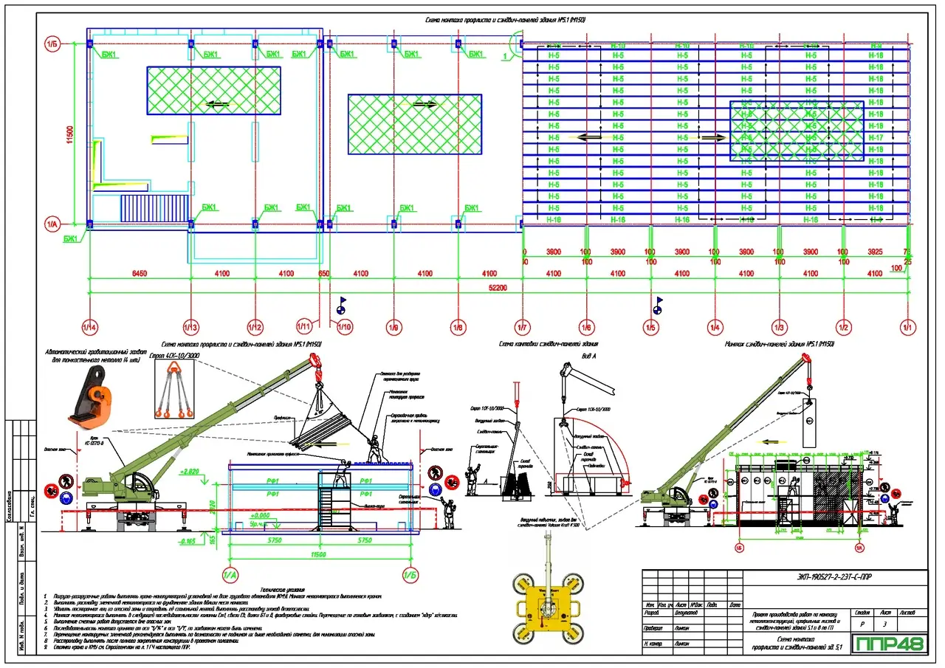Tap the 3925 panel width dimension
click(x=875, y=252)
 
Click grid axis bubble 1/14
click(x=89, y=326)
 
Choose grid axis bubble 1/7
click(x=523, y=326)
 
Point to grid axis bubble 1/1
click(x=908, y=326)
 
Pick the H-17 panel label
click(x=876, y=138)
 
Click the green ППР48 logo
click(x=890, y=644)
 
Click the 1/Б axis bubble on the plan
click(x=53, y=44)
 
